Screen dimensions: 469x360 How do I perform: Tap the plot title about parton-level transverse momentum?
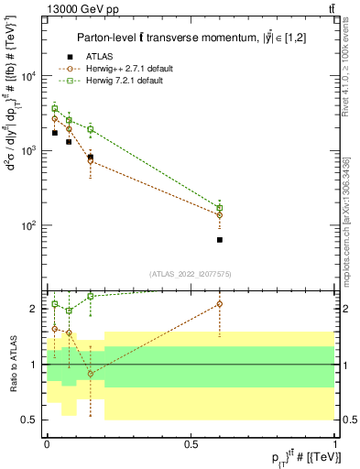pos(189,36)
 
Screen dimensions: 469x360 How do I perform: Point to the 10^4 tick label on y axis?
pos(28,76)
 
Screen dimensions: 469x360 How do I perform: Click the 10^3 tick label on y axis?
pos(28,151)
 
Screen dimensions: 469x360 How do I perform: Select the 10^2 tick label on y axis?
pos(28,225)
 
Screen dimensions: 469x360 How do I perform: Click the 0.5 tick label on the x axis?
pos(191,442)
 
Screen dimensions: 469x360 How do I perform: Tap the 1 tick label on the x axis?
pos(335,442)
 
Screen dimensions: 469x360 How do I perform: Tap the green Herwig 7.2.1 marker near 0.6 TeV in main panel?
pos(220,208)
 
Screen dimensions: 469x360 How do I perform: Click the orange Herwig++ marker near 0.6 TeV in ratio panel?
pos(220,303)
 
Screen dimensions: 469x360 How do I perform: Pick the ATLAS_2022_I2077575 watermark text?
pos(190,273)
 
